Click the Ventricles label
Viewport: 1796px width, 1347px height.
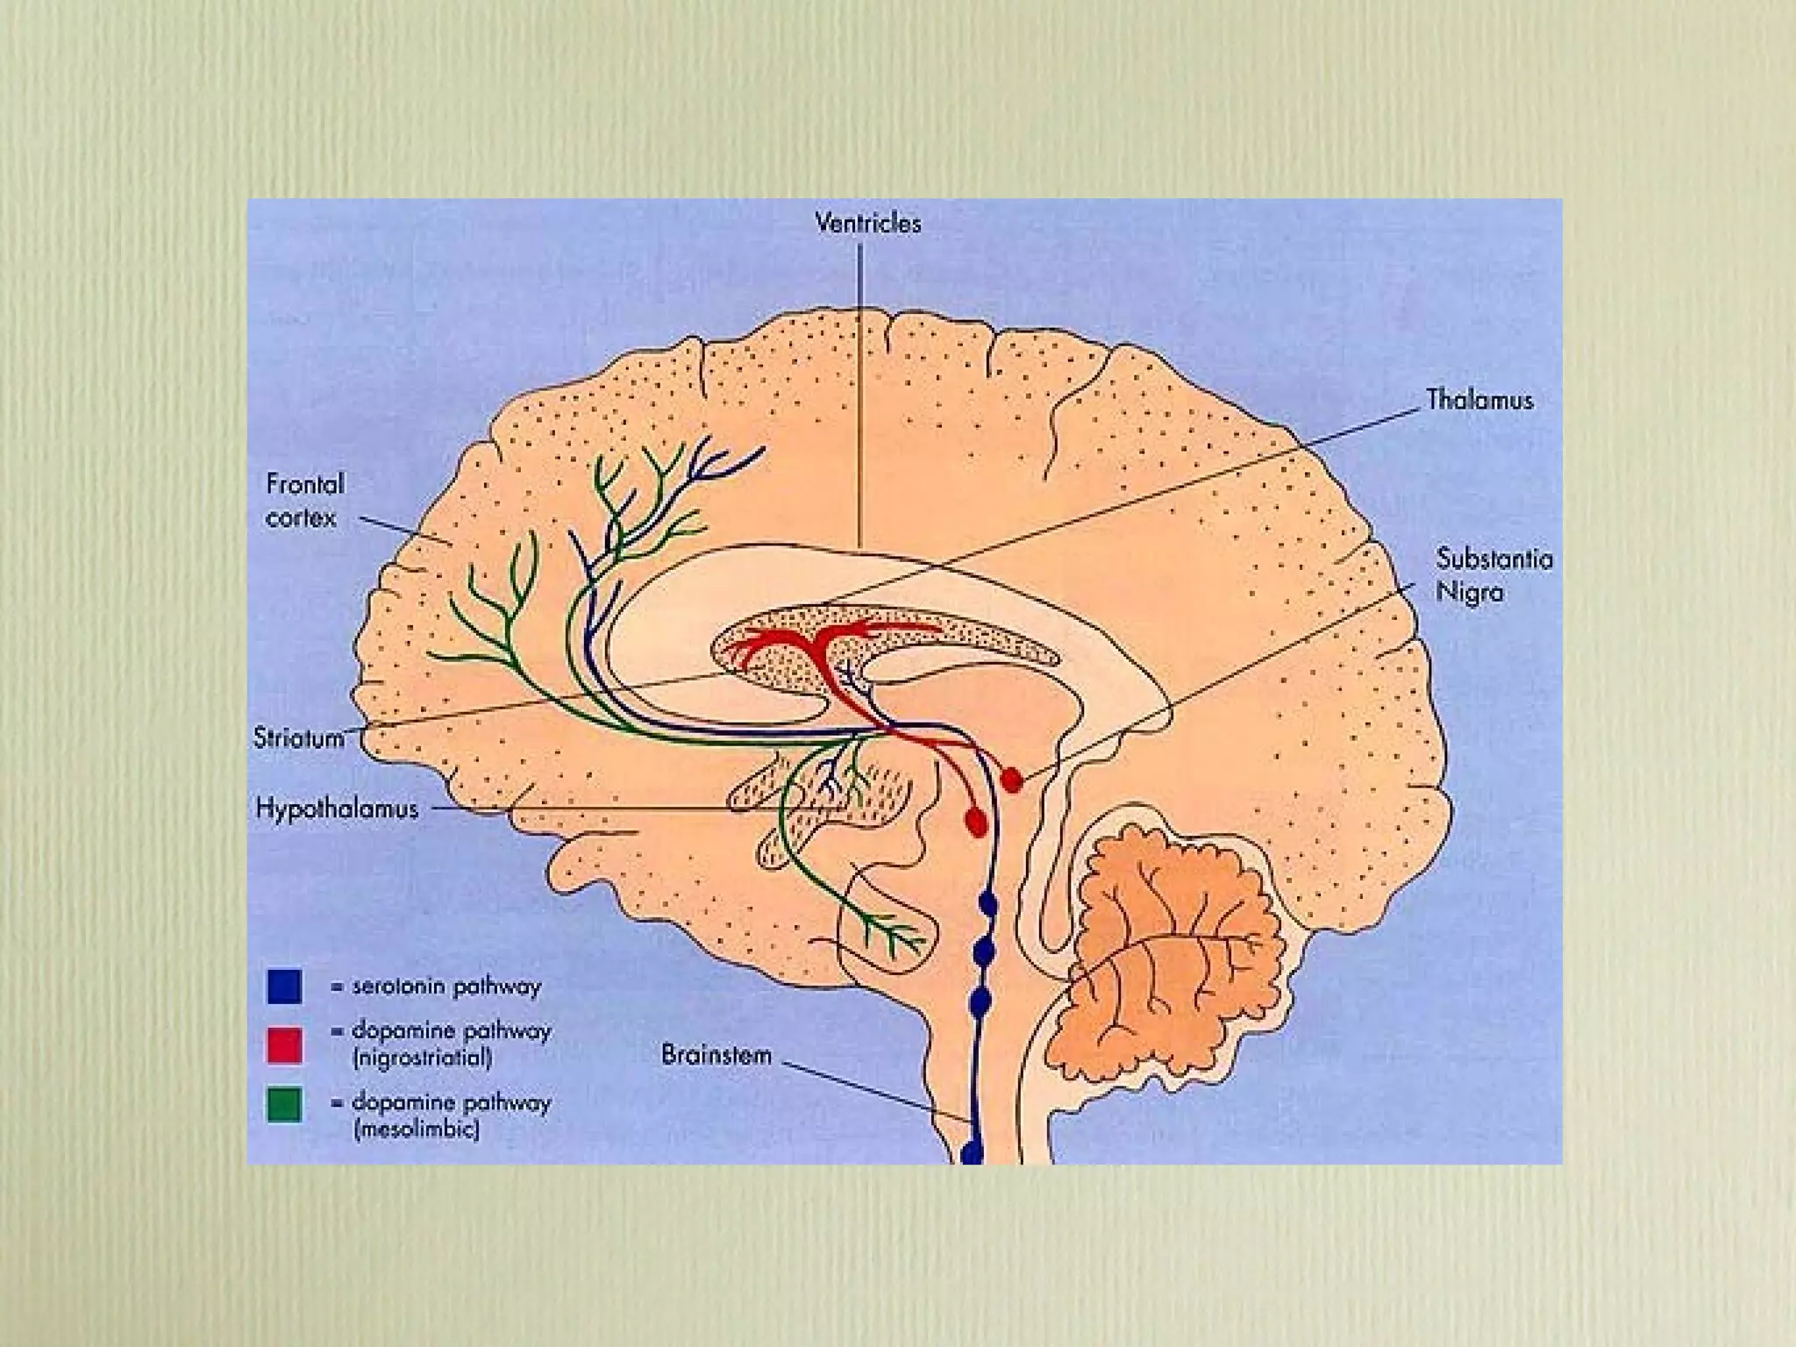[x=868, y=224]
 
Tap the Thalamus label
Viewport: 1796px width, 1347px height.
[x=1479, y=401]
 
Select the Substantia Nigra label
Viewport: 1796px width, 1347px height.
[x=1494, y=575]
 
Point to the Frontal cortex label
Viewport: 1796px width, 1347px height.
[x=304, y=501]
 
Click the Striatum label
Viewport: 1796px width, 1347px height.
[x=299, y=738]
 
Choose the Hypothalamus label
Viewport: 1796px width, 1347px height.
[x=337, y=809]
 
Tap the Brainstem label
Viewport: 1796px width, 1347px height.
[x=716, y=1054]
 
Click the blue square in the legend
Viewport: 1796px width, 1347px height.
[x=284, y=987]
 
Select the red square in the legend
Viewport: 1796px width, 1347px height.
[x=284, y=1045]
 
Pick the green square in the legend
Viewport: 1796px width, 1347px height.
[x=284, y=1105]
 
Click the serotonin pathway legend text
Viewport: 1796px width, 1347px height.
[x=446, y=987]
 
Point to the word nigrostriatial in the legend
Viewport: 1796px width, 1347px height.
[x=422, y=1058]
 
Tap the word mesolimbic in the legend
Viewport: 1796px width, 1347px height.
[x=417, y=1130]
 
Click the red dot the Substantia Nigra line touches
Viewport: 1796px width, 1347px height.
[x=1012, y=779]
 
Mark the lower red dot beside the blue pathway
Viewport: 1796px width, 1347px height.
[x=975, y=821]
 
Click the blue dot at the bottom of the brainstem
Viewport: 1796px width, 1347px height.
[x=972, y=1151]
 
